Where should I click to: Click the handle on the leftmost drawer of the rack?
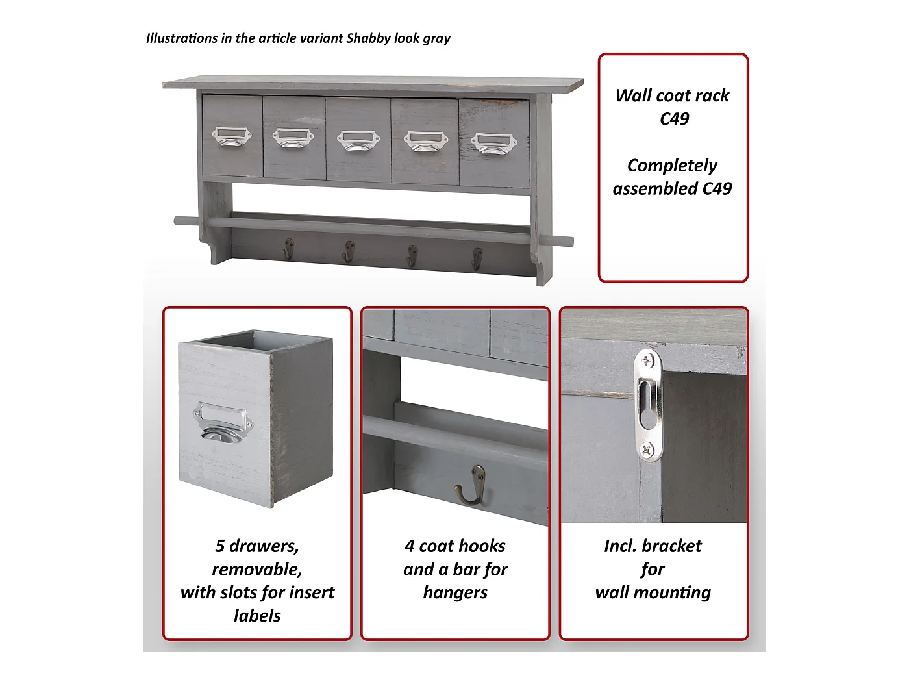pos(232,136)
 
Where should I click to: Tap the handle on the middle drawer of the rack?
pos(358,141)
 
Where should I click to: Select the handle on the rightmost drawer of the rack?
pos(493,144)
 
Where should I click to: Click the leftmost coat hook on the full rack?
pos(288,249)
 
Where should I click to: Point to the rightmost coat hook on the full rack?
pos(477,259)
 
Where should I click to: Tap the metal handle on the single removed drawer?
pos(223,422)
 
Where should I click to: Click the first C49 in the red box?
pos(674,119)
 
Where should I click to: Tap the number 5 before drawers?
pos(219,546)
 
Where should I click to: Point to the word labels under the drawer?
pos(257,616)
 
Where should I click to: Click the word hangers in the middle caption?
pos(455,593)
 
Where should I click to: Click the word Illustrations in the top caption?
pos(182,38)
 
